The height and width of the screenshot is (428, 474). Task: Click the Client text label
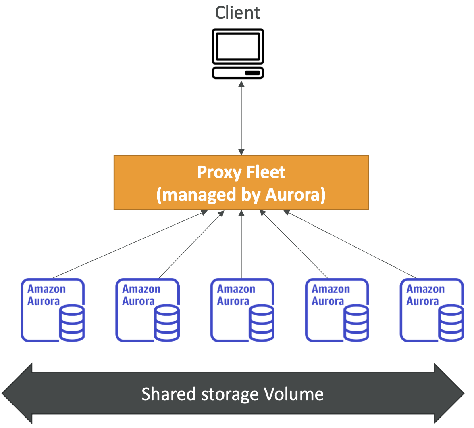coord(237,13)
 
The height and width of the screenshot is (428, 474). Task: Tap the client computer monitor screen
coord(238,46)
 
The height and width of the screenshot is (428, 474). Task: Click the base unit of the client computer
coord(238,73)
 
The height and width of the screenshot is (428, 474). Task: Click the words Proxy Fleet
coord(241,172)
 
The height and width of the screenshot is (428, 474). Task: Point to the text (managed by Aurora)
coord(241,195)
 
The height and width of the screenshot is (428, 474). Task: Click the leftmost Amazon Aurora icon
coord(53,310)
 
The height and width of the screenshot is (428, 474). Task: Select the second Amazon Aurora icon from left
coord(148,310)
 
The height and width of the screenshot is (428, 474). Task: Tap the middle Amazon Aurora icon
coord(242,310)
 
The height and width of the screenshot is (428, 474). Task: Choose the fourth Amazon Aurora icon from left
coord(337,310)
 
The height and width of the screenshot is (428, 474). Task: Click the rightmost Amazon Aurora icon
coord(432,310)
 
